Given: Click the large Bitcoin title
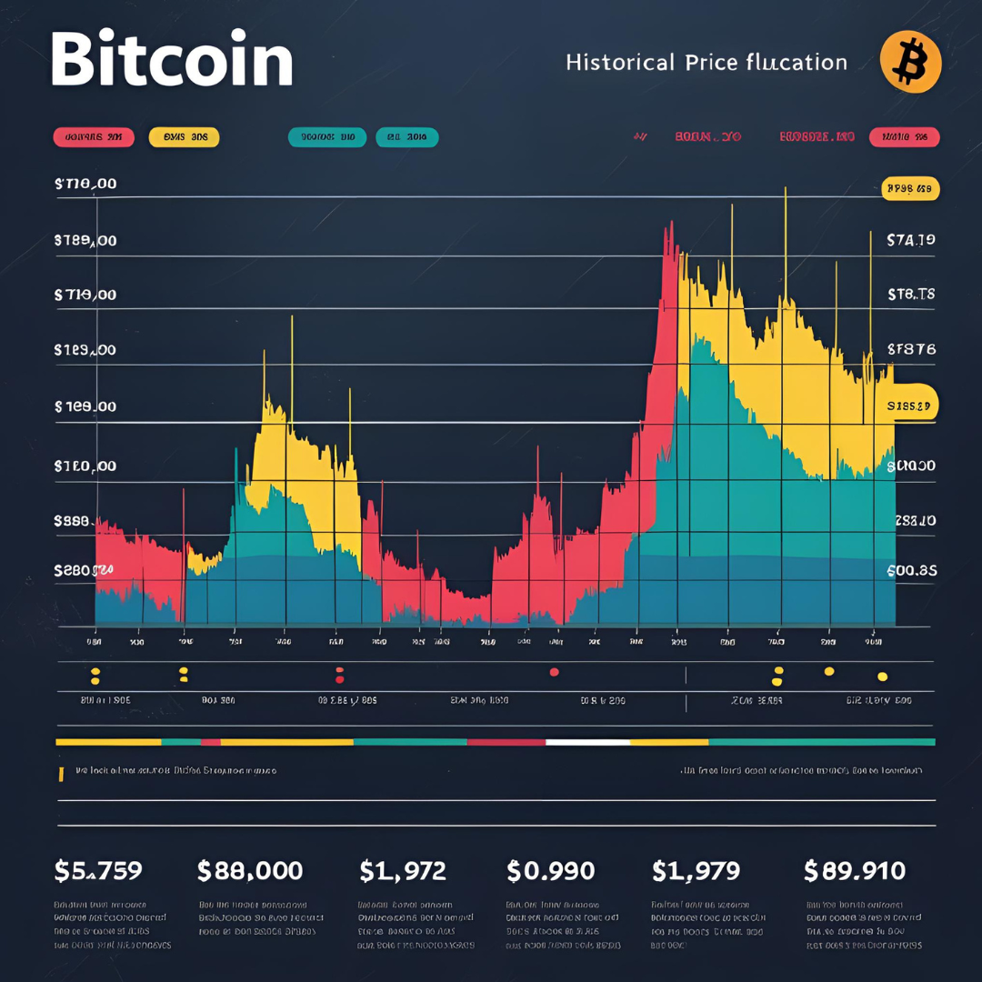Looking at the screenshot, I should coord(172,60).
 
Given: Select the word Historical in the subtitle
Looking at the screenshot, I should coord(620,62).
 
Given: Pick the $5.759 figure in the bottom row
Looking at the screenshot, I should coord(98,870).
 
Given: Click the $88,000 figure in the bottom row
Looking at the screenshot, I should coord(250,870).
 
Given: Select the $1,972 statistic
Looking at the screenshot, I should coord(403,870).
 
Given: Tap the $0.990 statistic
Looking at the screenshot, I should coord(552,870).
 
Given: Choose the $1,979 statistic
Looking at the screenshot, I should coord(697,870).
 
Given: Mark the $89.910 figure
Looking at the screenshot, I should coord(855,870).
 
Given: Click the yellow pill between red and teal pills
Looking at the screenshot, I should coord(184,137).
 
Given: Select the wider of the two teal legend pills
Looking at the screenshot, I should coord(327,137).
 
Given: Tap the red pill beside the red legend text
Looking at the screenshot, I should coord(904,137).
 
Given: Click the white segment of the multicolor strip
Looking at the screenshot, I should coord(587,742).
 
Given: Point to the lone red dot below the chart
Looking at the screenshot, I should coord(553,673).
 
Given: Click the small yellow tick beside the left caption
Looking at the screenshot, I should coord(61,774).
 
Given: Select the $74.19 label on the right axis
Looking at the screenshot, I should coord(910,240).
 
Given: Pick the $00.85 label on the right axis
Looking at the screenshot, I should coord(912,570).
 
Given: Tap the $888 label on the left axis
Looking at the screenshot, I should coord(71,521).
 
